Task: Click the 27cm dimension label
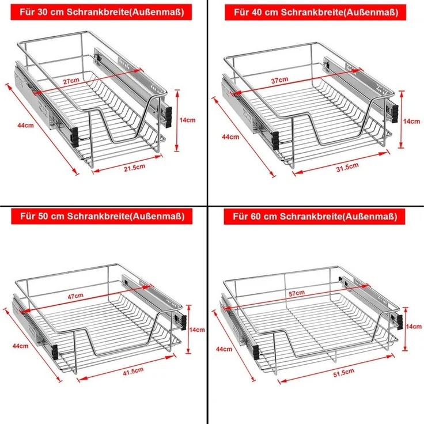[71, 81]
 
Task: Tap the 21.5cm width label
[134, 168]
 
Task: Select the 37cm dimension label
[279, 80]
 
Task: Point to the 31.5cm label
[347, 167]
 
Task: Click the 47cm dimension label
[75, 296]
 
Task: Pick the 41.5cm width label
[133, 371]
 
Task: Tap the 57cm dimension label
[297, 293]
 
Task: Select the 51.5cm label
[343, 373]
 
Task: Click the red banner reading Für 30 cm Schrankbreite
[101, 12]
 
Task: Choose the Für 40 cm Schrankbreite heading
[316, 12]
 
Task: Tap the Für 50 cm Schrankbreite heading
[101, 217]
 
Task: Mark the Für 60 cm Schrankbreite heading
[315, 217]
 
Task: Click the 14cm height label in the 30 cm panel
[187, 120]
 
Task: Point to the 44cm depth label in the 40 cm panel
[230, 137]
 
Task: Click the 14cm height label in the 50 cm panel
[197, 330]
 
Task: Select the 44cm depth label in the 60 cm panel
[224, 349]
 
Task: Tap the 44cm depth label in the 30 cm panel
[26, 125]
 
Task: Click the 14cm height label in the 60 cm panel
[414, 327]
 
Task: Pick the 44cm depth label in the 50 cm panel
[20, 346]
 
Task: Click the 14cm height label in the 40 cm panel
[411, 121]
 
